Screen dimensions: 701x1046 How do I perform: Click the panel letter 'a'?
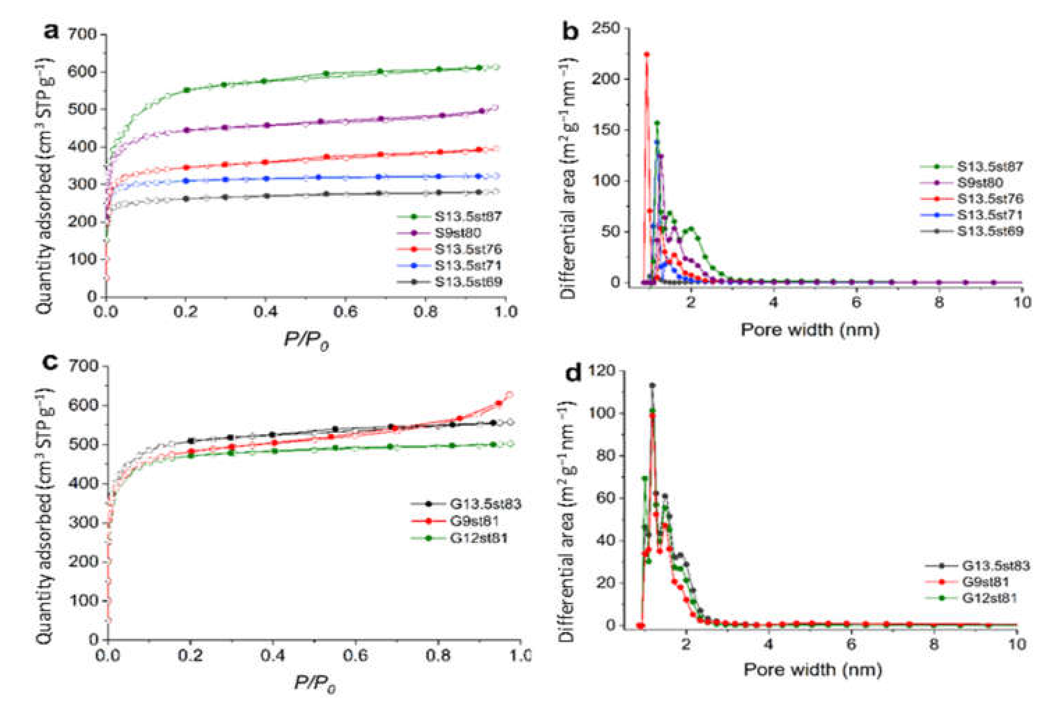pyautogui.click(x=51, y=32)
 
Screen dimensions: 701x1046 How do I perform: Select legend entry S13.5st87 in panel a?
pyautogui.click(x=468, y=217)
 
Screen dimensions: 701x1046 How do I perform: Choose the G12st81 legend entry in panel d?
pyautogui.click(x=989, y=598)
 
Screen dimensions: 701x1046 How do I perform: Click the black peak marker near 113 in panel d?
pyautogui.click(x=652, y=385)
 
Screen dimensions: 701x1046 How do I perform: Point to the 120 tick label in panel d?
pyautogui.click(x=602, y=371)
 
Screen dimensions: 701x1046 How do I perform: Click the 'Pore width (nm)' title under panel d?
pyautogui.click(x=812, y=670)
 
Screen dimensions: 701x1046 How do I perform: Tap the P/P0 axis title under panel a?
pyautogui.click(x=306, y=341)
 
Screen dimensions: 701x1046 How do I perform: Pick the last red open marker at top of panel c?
pyautogui.click(x=509, y=395)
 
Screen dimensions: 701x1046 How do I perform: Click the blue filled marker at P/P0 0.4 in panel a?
pyautogui.click(x=267, y=178)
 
